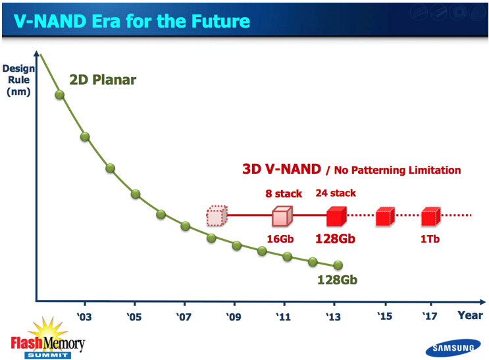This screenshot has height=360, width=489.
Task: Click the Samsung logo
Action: pos(451,348)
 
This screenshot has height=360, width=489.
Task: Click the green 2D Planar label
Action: pos(103,80)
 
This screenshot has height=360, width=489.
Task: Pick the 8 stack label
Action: pos(284,193)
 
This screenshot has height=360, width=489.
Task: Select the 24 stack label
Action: pos(336,193)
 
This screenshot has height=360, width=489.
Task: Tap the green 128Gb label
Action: pos(336,280)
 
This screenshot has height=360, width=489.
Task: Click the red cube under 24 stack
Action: pos(336,215)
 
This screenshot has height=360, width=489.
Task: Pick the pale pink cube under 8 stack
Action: pos(282,215)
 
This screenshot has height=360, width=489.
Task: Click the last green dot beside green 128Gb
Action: pos(338,265)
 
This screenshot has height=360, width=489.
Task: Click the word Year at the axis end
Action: pos(471,315)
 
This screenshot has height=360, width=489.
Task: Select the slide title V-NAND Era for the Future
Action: pos(132,20)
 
